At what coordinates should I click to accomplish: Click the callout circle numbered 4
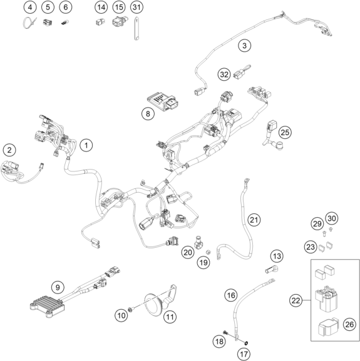coord(30,7)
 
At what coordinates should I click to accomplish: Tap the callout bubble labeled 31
coord(136,7)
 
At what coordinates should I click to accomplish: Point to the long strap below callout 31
coord(136,29)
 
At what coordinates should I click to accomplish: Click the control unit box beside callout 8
coord(162,101)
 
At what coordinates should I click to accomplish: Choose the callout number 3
coord(244,45)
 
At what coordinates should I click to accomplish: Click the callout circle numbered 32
coord(224,74)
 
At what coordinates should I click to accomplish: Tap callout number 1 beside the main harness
coord(86,145)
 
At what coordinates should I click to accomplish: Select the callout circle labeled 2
coord(9,150)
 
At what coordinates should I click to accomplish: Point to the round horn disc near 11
coord(153,304)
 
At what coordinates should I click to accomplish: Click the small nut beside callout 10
coord(130,310)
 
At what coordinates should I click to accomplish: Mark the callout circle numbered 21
coord(254,220)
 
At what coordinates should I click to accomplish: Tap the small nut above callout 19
coord(208,252)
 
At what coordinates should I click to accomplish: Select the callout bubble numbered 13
coord(277,256)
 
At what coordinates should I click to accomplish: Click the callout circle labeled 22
coord(296,300)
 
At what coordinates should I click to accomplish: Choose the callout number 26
coord(349,324)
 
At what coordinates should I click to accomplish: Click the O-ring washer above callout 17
coord(246,343)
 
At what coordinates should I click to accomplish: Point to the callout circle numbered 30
coord(332,218)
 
